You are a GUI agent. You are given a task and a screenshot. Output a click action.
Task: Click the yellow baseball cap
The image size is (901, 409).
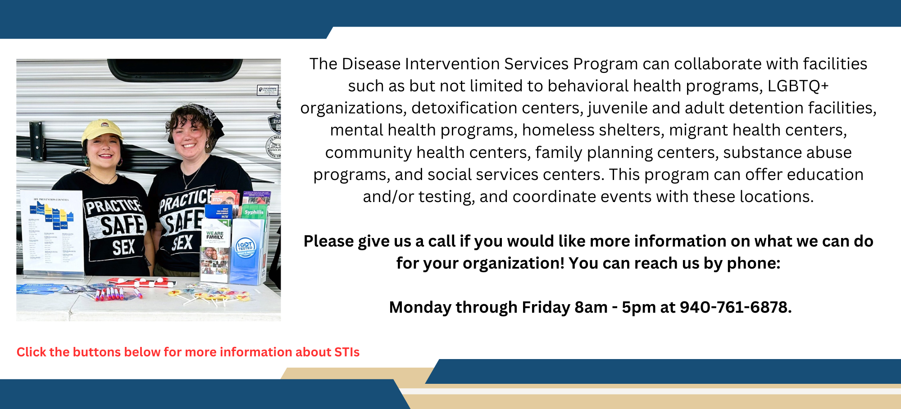[102, 130]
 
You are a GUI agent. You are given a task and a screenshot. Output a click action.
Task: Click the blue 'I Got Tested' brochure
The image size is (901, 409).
[246, 250]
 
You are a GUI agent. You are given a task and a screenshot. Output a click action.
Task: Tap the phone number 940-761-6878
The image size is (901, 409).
[735, 307]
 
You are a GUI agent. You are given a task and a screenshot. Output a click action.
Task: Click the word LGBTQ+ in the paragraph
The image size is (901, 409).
[798, 86]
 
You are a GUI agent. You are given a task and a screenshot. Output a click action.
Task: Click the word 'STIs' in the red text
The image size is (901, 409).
[347, 352]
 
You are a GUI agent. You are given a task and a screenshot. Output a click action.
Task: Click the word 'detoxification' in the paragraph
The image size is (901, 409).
[458, 108]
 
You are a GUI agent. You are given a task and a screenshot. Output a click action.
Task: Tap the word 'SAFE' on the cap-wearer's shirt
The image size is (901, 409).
[122, 225]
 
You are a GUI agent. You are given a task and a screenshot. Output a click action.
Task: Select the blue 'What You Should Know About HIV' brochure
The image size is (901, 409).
[219, 211]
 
